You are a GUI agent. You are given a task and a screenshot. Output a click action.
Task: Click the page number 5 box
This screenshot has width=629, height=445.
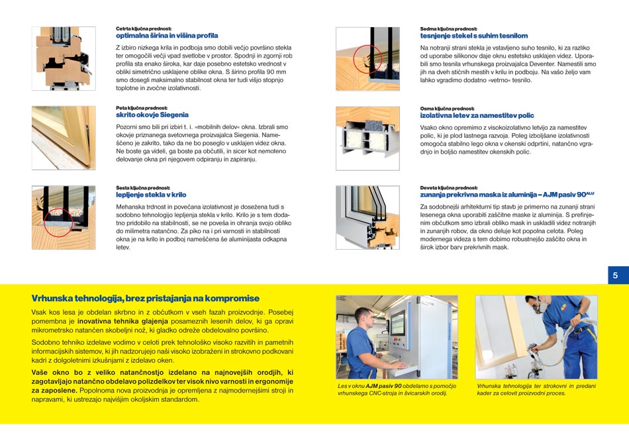point(618,275)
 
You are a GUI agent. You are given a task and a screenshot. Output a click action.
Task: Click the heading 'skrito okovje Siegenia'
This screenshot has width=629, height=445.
point(152,115)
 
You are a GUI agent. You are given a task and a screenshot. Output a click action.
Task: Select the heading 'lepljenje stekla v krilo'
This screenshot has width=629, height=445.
point(151,195)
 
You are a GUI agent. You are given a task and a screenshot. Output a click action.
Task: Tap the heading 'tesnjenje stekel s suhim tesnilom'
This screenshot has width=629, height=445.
point(474,36)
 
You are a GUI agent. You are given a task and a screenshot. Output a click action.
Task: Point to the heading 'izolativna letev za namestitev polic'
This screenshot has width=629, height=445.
point(477,116)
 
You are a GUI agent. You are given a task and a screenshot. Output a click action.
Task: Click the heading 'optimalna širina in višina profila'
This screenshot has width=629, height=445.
point(167,36)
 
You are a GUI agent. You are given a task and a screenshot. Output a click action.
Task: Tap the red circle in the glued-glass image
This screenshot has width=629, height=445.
point(58,222)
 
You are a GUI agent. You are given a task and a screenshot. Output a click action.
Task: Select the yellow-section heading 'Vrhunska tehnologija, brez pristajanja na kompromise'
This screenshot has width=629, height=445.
point(145,299)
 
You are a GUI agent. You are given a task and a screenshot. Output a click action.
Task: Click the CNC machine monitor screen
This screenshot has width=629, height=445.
point(397,323)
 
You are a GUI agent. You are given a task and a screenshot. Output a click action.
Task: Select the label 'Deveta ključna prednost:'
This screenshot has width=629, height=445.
point(448,188)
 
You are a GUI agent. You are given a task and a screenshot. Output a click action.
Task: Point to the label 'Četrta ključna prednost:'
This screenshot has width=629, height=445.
point(144,29)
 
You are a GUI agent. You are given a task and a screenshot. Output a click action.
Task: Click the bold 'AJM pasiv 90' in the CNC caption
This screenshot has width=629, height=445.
point(383,386)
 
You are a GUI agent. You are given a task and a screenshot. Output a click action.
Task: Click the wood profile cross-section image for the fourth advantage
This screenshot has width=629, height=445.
point(64,58)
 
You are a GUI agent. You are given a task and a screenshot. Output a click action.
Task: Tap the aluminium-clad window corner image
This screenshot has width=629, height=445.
point(367,217)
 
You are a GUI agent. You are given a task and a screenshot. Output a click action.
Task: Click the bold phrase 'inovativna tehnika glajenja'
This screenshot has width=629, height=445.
point(122,321)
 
